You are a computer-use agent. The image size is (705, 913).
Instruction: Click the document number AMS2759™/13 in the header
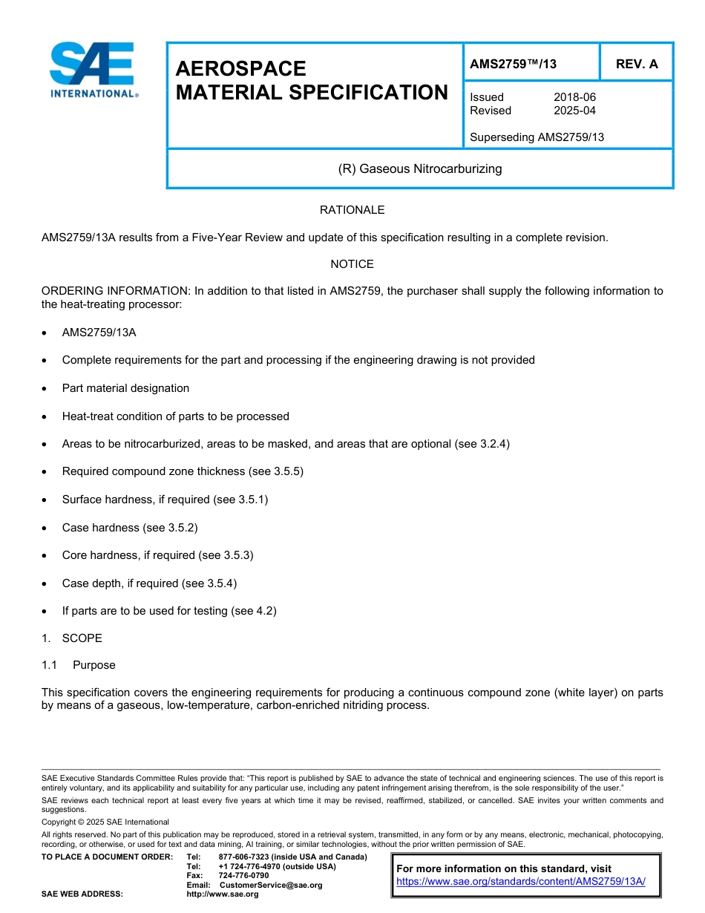(x=513, y=65)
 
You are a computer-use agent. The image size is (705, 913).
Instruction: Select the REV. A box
(x=636, y=65)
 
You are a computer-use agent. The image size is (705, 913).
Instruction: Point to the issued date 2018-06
(x=574, y=97)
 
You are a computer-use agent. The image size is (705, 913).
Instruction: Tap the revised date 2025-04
(x=574, y=111)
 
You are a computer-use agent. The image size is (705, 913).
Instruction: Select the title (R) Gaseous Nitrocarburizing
(x=420, y=169)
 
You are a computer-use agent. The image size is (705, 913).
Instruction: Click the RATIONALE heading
(x=352, y=210)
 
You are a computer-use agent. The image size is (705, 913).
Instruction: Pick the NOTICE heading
(x=352, y=264)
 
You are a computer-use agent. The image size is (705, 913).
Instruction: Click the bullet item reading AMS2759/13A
(x=99, y=333)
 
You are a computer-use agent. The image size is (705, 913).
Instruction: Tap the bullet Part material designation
(x=125, y=388)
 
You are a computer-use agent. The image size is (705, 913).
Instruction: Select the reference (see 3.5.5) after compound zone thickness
(x=278, y=471)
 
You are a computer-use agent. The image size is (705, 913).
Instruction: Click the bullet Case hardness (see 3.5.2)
(x=130, y=528)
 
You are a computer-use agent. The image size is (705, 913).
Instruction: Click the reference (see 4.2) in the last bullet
(x=254, y=611)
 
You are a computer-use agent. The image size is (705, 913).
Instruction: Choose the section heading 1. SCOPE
(x=72, y=638)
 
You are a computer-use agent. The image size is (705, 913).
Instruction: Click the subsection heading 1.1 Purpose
(x=79, y=665)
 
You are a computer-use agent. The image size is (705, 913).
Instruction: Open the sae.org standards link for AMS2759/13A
(x=521, y=882)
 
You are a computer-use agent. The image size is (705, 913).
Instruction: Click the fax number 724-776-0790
(x=243, y=876)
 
